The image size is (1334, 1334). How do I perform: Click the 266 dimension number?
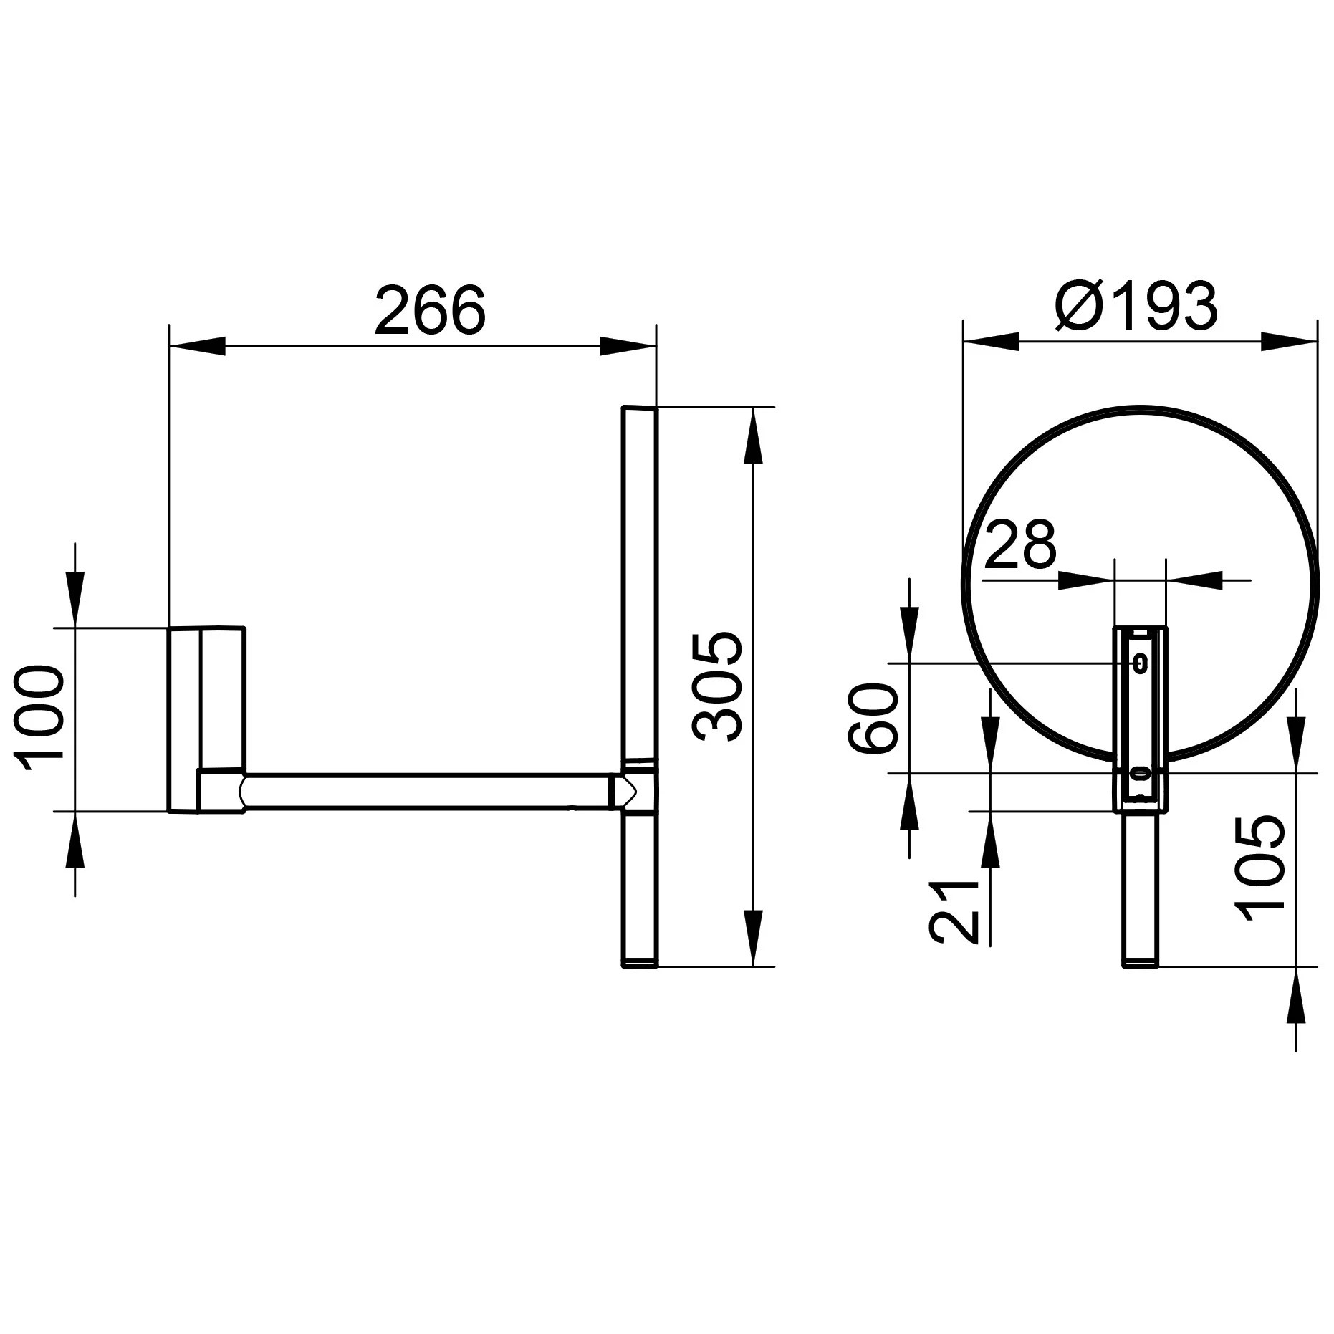(x=430, y=310)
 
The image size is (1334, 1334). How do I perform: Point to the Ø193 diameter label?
(x=1136, y=306)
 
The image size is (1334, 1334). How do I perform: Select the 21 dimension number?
(x=954, y=911)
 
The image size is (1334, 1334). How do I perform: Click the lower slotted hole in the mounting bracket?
(x=1139, y=773)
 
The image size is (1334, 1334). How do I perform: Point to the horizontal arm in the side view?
(x=430, y=792)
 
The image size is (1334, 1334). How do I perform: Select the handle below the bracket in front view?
(x=1139, y=889)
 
